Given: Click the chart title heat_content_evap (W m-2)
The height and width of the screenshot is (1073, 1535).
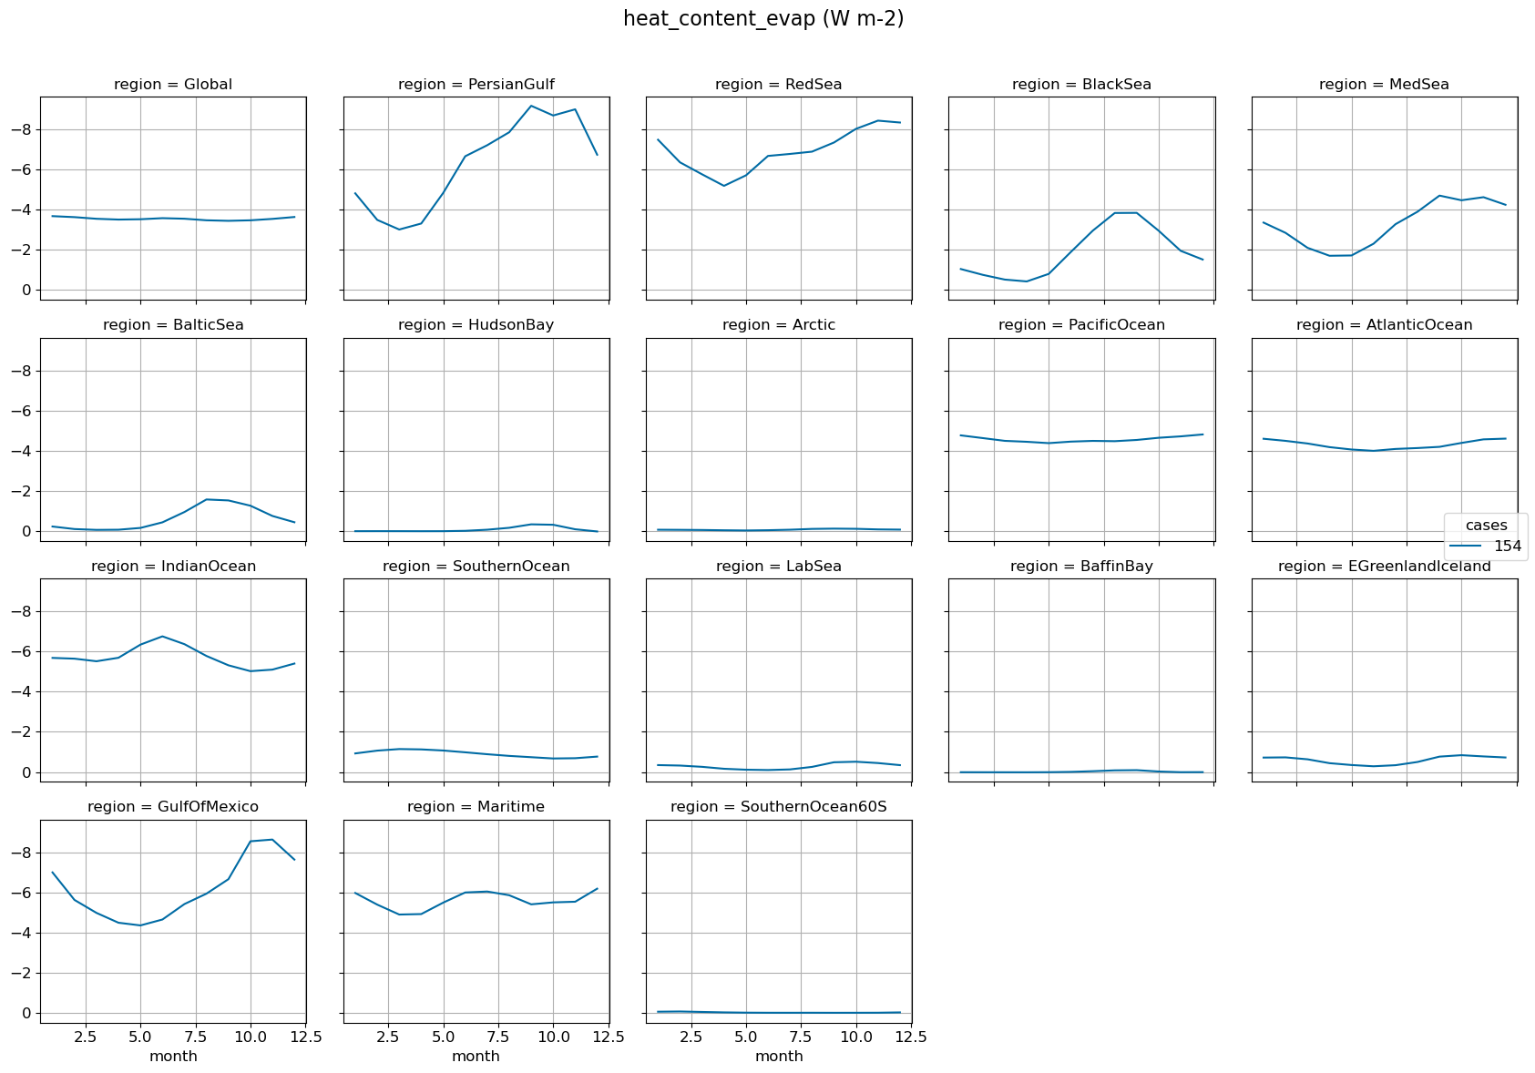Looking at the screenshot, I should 763,19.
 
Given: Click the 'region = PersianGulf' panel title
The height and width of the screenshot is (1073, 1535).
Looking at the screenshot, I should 476,85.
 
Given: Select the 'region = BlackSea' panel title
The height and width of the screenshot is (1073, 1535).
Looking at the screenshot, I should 1081,85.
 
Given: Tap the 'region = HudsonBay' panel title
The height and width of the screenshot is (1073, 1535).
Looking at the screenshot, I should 476,325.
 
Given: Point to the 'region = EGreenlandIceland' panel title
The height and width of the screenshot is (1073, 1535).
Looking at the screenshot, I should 1384,567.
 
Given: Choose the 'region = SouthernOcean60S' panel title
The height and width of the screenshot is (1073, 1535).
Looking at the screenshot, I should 778,807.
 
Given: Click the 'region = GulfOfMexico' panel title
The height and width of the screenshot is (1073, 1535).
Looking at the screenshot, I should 173,807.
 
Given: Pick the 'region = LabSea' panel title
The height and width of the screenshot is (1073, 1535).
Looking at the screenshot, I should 778,567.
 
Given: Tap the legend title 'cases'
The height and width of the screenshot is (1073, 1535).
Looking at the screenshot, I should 1486,526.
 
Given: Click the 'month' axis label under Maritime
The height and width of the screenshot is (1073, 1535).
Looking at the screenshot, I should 476,1057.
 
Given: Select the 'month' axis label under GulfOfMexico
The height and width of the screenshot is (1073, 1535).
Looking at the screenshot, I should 173,1057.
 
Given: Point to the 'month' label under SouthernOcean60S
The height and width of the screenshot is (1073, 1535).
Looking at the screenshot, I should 779,1057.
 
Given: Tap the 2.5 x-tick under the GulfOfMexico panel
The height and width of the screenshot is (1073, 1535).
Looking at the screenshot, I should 86,1037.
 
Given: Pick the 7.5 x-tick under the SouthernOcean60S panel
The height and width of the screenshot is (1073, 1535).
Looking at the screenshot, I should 801,1037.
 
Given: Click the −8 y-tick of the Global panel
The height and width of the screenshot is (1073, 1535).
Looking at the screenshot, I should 22,130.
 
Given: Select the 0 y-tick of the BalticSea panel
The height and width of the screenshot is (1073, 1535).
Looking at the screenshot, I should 27,532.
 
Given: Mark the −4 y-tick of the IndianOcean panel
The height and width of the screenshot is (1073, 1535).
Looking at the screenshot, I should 22,692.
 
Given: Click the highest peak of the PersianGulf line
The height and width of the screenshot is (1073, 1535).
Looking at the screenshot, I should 531,107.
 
